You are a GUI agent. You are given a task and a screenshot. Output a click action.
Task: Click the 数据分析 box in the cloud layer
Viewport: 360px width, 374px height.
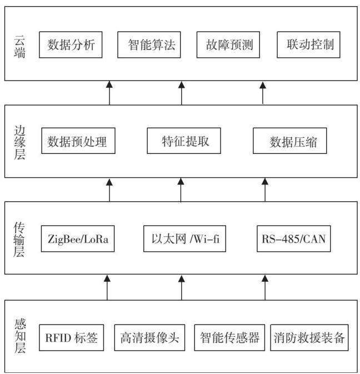point(71,44)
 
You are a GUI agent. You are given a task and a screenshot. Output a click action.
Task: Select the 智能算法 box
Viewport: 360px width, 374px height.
point(149,44)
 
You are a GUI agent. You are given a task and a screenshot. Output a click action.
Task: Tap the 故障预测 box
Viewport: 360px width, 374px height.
point(228,44)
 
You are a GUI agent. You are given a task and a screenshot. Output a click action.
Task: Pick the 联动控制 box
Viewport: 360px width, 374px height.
point(308,44)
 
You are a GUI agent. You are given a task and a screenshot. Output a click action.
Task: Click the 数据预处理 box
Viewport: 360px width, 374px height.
point(78,141)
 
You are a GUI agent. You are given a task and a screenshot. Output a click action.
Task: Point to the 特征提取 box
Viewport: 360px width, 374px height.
point(184,141)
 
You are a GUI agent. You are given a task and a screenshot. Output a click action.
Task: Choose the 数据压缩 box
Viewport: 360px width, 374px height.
point(289,141)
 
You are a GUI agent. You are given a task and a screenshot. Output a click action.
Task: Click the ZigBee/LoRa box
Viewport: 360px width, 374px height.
point(78,239)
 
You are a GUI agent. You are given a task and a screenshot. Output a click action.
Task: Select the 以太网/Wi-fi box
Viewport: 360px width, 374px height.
point(184,239)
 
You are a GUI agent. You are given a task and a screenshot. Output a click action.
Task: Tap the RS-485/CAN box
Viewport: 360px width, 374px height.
point(294,239)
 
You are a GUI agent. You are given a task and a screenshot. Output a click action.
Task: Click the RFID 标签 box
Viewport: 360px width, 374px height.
point(72,337)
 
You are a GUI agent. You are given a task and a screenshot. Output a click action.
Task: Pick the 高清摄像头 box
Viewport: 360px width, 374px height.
point(149,337)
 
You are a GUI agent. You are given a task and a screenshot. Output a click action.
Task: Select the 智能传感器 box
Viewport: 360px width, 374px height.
point(229,337)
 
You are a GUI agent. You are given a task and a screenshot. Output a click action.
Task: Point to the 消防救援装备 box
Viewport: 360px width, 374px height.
point(309,337)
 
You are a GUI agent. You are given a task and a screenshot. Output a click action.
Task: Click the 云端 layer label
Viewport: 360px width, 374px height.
point(19,47)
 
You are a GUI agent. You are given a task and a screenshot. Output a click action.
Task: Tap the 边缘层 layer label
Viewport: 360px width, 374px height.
point(19,142)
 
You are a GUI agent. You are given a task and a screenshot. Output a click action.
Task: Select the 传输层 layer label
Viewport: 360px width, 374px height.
point(19,240)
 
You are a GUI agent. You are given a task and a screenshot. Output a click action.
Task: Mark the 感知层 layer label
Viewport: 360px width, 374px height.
point(20,336)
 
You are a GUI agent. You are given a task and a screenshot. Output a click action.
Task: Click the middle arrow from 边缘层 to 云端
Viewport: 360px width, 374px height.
point(182,93)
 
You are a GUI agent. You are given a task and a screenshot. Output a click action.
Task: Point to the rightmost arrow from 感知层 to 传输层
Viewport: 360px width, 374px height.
point(265,287)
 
